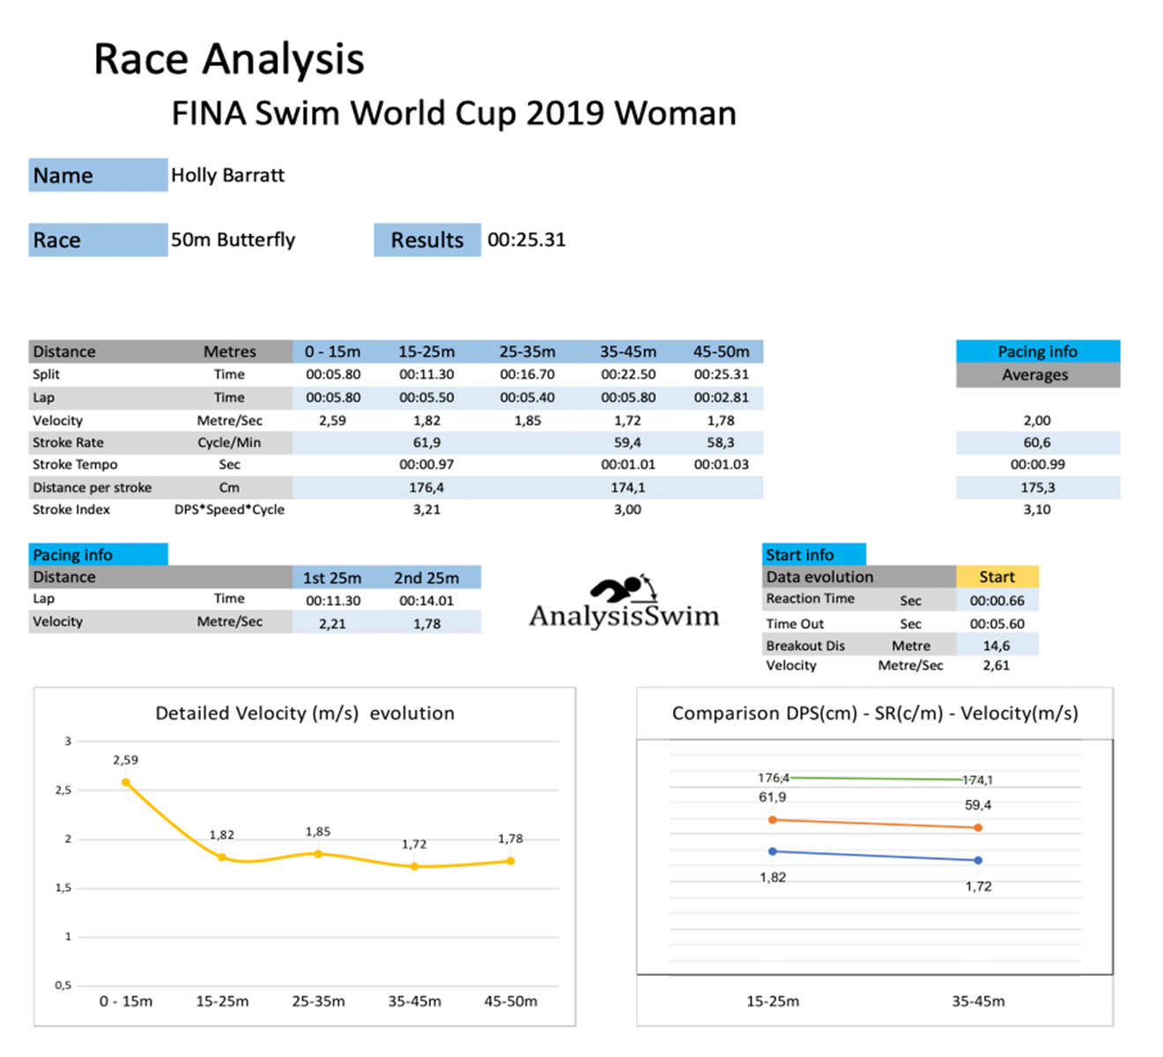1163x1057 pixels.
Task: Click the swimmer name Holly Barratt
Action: click(227, 175)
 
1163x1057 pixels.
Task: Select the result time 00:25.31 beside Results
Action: click(526, 240)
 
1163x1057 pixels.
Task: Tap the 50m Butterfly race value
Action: click(233, 240)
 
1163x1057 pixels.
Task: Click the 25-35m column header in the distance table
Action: click(527, 351)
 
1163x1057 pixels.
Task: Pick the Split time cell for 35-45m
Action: click(628, 374)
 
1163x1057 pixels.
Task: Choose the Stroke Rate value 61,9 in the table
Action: click(426, 442)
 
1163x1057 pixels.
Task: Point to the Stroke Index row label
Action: click(71, 509)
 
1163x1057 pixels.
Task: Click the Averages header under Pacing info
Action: click(1035, 374)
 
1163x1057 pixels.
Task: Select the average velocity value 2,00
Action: click(1037, 420)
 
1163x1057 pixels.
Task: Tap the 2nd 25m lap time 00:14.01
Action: click(426, 601)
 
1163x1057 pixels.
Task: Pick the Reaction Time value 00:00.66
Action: click(996, 601)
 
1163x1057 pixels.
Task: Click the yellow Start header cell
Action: click(996, 577)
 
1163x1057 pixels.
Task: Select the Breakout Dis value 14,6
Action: click(996, 646)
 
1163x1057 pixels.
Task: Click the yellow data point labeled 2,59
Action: click(126, 782)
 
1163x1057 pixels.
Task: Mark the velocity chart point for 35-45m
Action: click(414, 867)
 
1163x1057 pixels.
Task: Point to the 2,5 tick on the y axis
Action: click(63, 790)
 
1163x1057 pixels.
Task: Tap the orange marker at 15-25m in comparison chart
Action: click(773, 820)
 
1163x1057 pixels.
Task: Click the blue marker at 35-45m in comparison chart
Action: click(978, 861)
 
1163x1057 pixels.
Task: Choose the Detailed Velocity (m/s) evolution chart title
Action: click(305, 713)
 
